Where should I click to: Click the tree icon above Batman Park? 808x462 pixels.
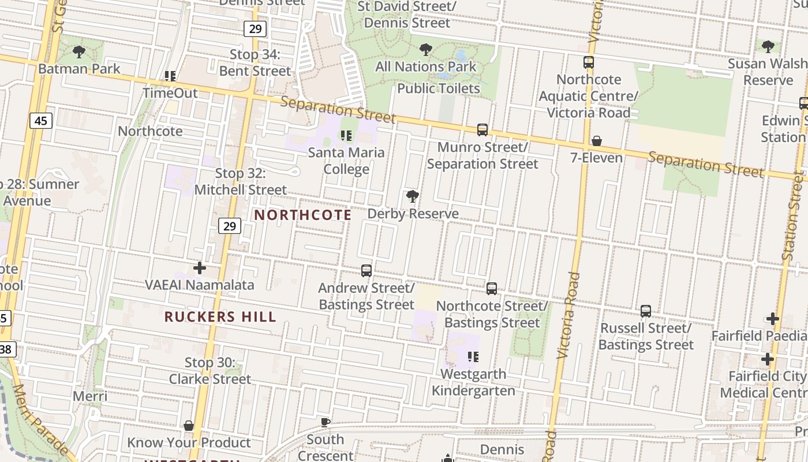(79, 52)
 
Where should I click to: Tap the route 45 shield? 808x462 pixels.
(40, 121)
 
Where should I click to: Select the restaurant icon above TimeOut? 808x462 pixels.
(170, 76)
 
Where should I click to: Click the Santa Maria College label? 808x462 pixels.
(346, 161)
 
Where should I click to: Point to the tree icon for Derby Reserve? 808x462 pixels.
(412, 196)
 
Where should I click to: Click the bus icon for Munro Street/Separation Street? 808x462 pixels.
(482, 130)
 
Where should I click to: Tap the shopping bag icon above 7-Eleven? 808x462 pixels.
(597, 141)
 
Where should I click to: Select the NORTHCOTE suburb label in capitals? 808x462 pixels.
(303, 215)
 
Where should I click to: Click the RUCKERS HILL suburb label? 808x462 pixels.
(220, 316)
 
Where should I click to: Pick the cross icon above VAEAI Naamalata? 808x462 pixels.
(200, 268)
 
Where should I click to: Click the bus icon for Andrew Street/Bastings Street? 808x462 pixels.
(366, 270)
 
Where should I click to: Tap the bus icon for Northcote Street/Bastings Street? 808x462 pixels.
(492, 288)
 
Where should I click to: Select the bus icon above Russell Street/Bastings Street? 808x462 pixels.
(646, 311)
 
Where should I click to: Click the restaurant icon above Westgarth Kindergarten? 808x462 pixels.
(473, 357)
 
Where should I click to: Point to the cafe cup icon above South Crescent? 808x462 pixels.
(326, 422)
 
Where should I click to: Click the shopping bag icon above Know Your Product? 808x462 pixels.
(189, 426)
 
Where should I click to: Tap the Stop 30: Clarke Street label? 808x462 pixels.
(210, 371)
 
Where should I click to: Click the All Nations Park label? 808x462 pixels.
(426, 66)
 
